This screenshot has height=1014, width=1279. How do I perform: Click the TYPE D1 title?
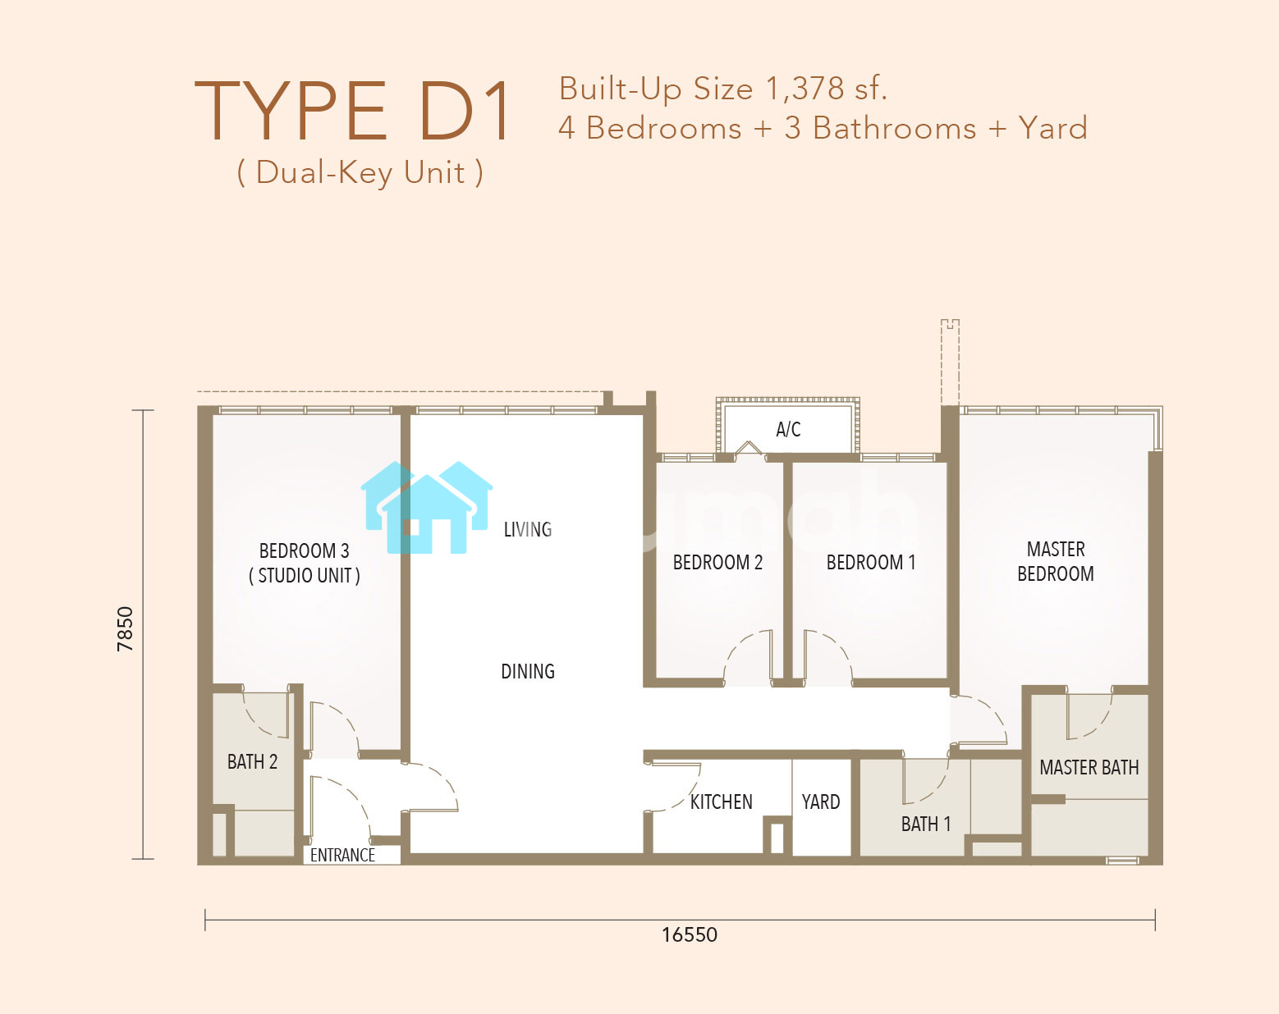point(352,111)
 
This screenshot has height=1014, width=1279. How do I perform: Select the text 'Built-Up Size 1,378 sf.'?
point(722,89)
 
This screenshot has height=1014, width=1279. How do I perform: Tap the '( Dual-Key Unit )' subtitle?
point(360,173)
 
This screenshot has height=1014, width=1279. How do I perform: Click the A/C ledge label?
point(788,429)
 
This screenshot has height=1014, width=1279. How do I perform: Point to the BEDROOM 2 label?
point(717,562)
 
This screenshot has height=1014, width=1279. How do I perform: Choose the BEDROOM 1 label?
point(871,562)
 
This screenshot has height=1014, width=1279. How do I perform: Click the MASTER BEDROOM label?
point(1056,561)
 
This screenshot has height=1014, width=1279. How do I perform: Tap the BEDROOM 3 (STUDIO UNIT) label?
point(305,563)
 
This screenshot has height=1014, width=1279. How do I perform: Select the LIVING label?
point(528,529)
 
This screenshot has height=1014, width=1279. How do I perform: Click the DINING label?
point(528,671)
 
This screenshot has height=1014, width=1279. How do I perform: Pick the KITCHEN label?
point(721,802)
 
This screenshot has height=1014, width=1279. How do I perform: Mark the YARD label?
point(821,802)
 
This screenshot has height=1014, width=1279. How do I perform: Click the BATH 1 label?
point(926,824)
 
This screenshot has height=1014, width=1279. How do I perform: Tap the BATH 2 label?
point(252,761)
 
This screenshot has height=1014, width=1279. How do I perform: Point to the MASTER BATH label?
point(1089,768)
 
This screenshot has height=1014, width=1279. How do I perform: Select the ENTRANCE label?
point(342,856)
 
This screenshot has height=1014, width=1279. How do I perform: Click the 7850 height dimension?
point(126,629)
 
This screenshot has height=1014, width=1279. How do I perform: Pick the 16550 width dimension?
point(690,935)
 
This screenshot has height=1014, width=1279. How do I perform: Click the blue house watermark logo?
point(427,507)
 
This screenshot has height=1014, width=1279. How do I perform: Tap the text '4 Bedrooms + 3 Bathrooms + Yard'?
point(823,128)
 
